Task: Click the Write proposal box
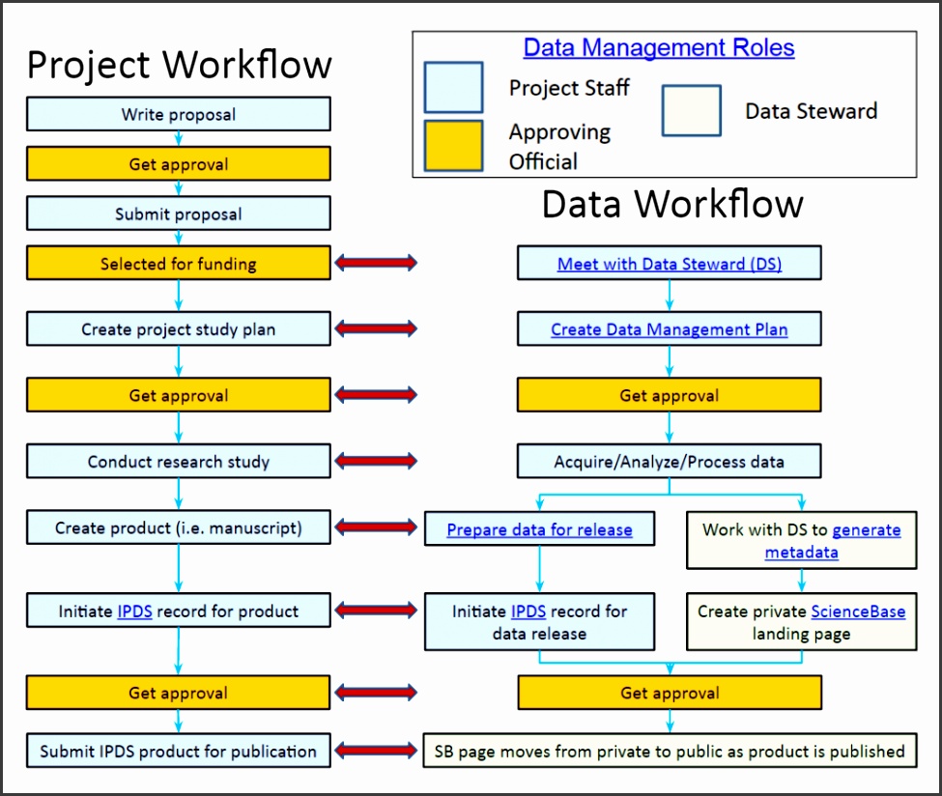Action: click(179, 114)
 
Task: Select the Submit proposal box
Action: click(179, 213)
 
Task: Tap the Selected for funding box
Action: click(179, 263)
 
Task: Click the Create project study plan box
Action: click(179, 329)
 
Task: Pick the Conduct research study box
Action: click(179, 462)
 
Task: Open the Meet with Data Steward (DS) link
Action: click(669, 264)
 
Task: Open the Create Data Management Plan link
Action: click(669, 329)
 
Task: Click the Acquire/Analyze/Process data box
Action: click(669, 462)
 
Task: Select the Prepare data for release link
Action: click(539, 529)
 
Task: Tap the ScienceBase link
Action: click(858, 611)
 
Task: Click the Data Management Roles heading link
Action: click(659, 47)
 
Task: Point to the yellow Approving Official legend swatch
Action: click(453, 146)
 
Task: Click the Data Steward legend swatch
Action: click(691, 111)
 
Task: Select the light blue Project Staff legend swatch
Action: click(453, 87)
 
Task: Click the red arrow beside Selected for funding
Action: click(376, 263)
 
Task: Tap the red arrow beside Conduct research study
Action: click(376, 462)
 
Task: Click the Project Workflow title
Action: click(179, 65)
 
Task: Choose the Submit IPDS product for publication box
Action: click(179, 751)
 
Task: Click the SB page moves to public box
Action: click(669, 751)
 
